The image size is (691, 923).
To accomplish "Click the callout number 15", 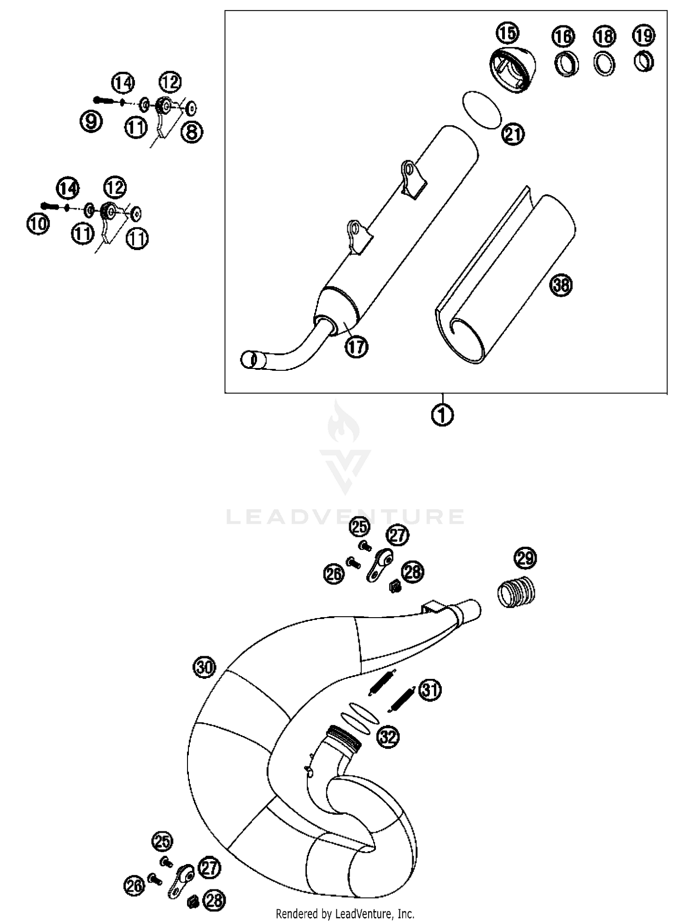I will pos(507,33).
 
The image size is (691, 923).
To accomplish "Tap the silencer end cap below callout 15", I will pos(511,70).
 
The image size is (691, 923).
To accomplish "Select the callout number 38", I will pos(561,285).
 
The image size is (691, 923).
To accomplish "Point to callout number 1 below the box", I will pos(442,415).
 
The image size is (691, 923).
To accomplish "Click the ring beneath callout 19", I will pos(644,62).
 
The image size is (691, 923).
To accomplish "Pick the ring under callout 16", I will pos(566,64).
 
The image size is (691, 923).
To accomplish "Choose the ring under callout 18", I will pos(604,64).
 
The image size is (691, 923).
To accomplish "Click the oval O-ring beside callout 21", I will pos(481,110).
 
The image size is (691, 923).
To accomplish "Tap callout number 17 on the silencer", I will pos(356,346).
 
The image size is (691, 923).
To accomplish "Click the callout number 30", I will pos(205,667).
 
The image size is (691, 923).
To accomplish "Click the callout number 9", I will pos(91,122).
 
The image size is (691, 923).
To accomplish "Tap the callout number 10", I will pos(38,225).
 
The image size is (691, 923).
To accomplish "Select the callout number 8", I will pos(192,132).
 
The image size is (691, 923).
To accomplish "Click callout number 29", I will pos(525,558).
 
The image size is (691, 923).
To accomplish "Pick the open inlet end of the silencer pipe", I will pos(248,359).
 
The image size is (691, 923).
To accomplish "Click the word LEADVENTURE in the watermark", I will pos(345,517).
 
